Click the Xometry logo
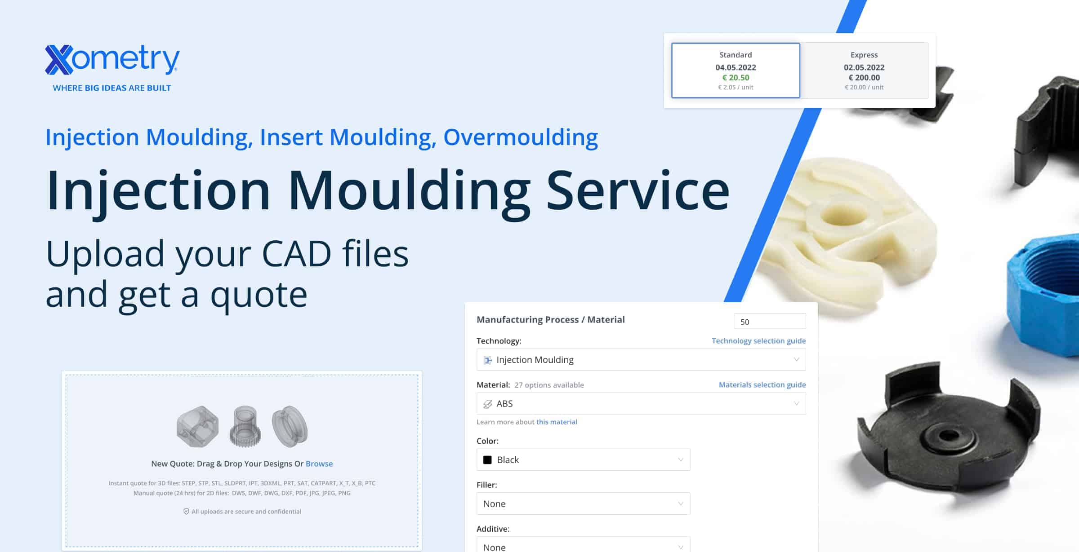[112, 60]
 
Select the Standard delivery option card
[736, 71]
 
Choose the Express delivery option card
[864, 71]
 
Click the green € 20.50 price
[736, 78]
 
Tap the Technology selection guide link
[758, 341]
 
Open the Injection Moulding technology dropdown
[641, 360]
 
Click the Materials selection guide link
[762, 385]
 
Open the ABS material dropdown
[641, 404]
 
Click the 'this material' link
[557, 422]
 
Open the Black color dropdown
[583, 460]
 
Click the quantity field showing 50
[769, 322]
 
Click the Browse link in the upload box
[319, 464]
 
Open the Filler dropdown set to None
[583, 504]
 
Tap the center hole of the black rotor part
[949, 436]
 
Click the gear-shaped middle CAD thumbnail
[245, 427]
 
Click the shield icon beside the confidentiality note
[186, 512]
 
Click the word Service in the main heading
[638, 191]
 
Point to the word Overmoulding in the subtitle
[521, 137]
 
